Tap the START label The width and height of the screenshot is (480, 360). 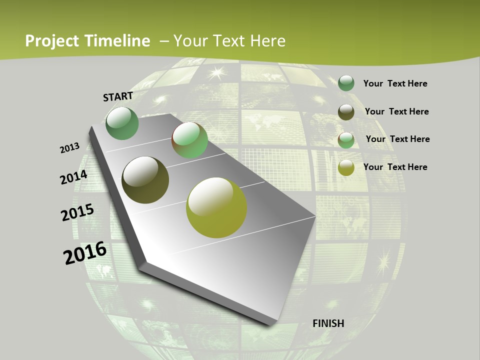pyautogui.click(x=118, y=96)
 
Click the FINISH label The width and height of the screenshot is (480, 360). pyautogui.click(x=328, y=323)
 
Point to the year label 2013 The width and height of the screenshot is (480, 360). pyautogui.click(x=69, y=148)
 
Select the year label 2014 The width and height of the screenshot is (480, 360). pyautogui.click(x=73, y=177)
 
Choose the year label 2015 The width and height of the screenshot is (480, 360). pyautogui.click(x=77, y=212)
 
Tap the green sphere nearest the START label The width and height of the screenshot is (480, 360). pyautogui.click(x=122, y=123)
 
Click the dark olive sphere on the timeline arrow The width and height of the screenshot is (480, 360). pyautogui.click(x=145, y=180)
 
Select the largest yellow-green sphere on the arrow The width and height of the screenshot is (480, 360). pyautogui.click(x=216, y=207)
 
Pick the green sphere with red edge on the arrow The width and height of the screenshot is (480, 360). pyautogui.click(x=189, y=140)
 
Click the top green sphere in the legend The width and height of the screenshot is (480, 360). pyautogui.click(x=346, y=83)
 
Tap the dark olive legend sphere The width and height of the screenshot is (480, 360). pyautogui.click(x=346, y=112)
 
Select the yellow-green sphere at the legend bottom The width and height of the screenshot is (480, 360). pyautogui.click(x=346, y=167)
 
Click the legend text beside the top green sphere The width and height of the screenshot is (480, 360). pyautogui.click(x=395, y=83)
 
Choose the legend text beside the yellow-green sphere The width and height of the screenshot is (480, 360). pyautogui.click(x=395, y=167)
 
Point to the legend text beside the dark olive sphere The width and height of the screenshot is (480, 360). pyautogui.click(x=396, y=111)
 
